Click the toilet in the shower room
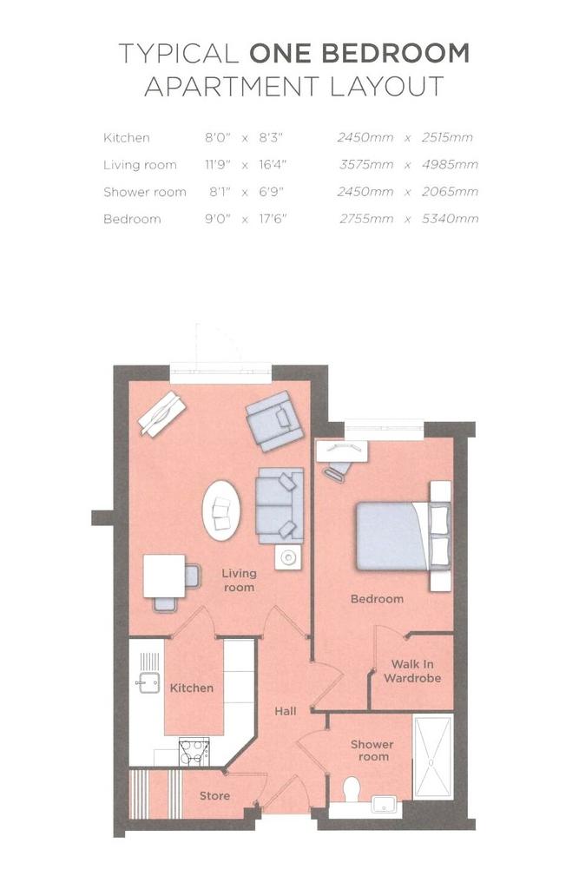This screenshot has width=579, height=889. pos(352,788)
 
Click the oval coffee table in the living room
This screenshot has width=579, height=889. pos(221,510)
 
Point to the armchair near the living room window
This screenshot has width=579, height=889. pos(275,421)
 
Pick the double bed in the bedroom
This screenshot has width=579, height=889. pos(403,537)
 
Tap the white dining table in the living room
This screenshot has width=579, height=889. pos(164,576)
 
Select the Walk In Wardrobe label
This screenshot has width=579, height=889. pos(412,671)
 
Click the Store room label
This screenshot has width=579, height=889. pos(214,796)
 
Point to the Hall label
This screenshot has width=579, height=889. pos(286,711)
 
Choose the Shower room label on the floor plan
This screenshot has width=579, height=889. pos(372,750)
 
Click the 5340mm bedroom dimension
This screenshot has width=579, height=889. pos(450,219)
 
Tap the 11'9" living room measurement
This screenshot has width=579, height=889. pos(219,165)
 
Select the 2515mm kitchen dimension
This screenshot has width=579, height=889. pos(447,138)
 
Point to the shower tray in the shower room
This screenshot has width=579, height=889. pos(432,757)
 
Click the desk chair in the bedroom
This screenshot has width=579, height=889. pos(338,470)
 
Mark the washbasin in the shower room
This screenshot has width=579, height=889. pos(385,804)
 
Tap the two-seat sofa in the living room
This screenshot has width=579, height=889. pos(279,505)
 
